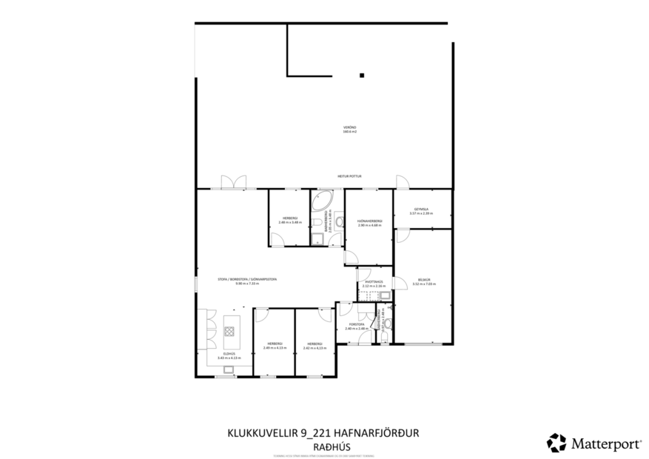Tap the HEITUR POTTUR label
349,176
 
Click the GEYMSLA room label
422,209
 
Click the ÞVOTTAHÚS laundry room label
372,282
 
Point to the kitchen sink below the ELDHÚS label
230,365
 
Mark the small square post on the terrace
361,75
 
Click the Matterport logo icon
556,443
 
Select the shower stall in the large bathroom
317,238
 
